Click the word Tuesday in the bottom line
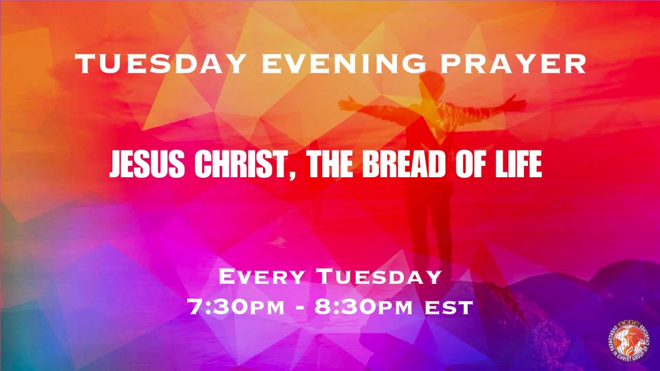tap(379, 277)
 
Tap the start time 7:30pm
tap(236, 307)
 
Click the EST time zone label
tap(448, 308)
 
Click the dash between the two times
tap(301, 308)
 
